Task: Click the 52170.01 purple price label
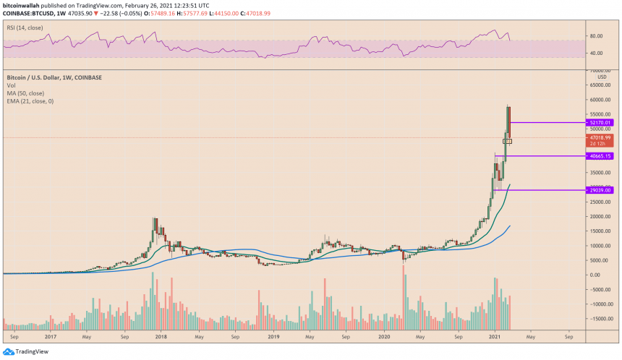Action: [x=599, y=122]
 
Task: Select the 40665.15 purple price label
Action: [x=599, y=156]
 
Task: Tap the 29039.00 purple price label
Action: [x=599, y=190]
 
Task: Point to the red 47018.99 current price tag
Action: [x=599, y=137]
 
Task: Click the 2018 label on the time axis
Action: [x=161, y=336]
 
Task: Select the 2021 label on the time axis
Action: [x=495, y=336]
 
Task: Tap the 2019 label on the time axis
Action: [x=273, y=336]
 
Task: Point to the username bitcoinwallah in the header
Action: [x=22, y=4]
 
